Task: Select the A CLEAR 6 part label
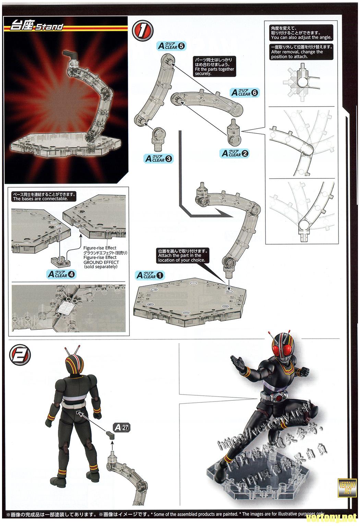point(245,92)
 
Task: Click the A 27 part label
point(122,428)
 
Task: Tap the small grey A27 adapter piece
point(111,435)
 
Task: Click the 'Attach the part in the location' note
point(181,256)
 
